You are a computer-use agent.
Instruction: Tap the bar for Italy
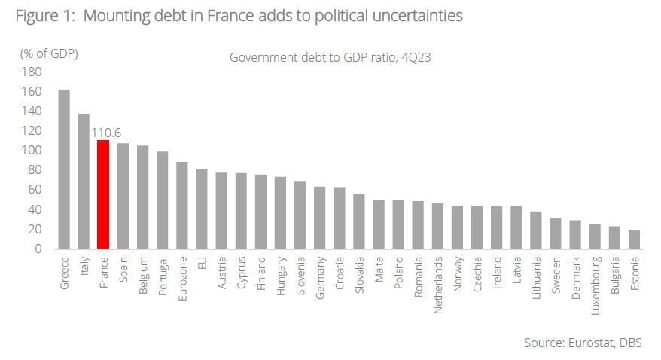84,182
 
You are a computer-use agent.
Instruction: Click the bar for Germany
319,218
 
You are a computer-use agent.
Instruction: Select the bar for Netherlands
437,226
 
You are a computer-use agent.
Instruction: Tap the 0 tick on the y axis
38,249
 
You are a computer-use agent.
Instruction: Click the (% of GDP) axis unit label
49,53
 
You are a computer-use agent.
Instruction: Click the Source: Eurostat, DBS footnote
583,343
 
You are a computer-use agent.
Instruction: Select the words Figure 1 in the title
42,15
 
